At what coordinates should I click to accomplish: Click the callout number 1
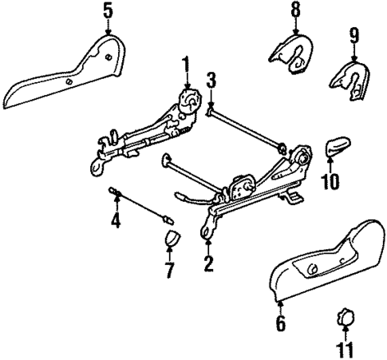(x=186, y=64)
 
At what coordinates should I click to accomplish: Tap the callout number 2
(x=209, y=263)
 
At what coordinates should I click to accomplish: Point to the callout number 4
(x=115, y=216)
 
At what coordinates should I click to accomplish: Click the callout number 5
(x=108, y=11)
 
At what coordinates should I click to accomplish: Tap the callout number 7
(x=168, y=270)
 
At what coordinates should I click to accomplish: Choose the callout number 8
(x=295, y=11)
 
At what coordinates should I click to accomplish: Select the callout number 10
(x=330, y=182)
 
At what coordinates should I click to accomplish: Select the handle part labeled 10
(x=335, y=148)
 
